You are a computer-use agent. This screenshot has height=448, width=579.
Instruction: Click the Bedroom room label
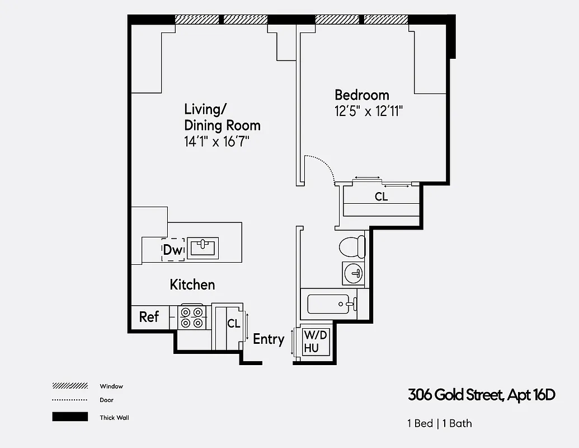(x=361, y=95)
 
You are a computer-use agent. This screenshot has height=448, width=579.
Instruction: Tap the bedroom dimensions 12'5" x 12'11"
(x=369, y=111)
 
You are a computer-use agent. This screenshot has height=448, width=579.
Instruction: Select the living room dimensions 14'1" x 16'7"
(x=216, y=141)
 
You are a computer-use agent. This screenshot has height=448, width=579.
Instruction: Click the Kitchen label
(x=192, y=284)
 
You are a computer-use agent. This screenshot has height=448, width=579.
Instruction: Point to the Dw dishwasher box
(x=173, y=250)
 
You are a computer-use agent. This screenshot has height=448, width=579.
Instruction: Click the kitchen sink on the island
(x=203, y=248)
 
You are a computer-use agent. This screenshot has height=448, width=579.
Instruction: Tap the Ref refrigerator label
(x=149, y=317)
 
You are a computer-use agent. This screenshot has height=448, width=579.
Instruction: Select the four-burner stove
(x=192, y=318)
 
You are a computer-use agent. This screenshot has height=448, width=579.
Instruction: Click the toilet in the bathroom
(x=353, y=246)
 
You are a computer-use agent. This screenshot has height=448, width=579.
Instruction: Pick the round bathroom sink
(x=353, y=274)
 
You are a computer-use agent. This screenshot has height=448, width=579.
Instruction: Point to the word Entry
(x=269, y=339)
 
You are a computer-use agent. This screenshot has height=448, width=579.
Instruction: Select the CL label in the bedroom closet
(x=381, y=197)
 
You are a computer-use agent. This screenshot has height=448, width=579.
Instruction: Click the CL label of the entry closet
(x=233, y=324)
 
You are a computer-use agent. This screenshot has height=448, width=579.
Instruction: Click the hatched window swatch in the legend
(x=70, y=386)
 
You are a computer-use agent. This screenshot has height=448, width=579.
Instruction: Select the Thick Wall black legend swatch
(x=70, y=417)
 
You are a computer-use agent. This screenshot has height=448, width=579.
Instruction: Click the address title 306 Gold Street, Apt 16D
(x=481, y=395)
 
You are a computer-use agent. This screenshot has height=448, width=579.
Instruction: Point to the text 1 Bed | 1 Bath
(x=439, y=423)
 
